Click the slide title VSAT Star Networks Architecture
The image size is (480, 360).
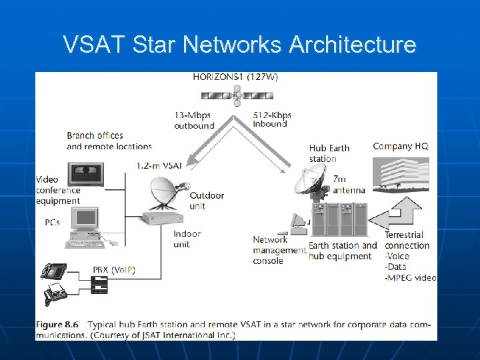click(239, 45)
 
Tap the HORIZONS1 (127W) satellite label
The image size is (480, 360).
click(235, 77)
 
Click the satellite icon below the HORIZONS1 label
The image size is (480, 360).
click(235, 96)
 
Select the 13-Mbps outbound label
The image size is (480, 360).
click(194, 120)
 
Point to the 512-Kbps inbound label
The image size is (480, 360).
click(272, 119)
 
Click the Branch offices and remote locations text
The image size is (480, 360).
click(109, 141)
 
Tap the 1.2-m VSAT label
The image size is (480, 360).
click(159, 165)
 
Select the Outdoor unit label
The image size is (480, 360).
click(207, 201)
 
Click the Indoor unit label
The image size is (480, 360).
click(187, 239)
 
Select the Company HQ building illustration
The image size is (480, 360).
click(400, 173)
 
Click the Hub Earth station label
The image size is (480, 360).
click(329, 153)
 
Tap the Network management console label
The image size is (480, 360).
click(277, 250)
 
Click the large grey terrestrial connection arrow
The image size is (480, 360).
click(399, 213)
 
